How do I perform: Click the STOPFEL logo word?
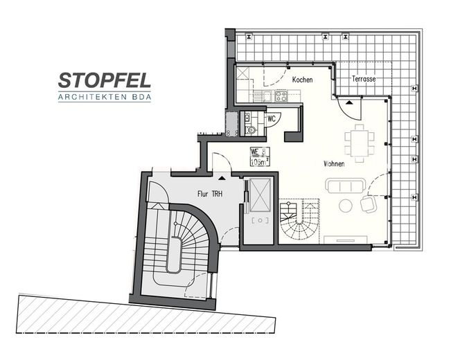[x=105, y=80]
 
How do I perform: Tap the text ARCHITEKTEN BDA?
[x=105, y=97]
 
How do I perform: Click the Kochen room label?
[x=302, y=80]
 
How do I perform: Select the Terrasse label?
[x=364, y=78]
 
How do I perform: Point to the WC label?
[x=272, y=118]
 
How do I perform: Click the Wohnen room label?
[x=334, y=164]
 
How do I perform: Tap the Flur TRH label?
[x=210, y=194]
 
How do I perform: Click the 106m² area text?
[x=260, y=161]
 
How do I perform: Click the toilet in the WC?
[x=251, y=129]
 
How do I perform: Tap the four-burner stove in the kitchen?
[x=281, y=96]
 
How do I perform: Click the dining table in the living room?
[x=360, y=143]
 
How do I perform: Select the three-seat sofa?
[x=346, y=186]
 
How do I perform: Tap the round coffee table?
[x=346, y=206]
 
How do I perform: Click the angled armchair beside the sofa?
[x=369, y=204]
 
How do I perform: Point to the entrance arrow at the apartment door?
[x=222, y=178]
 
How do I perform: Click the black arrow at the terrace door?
[x=349, y=102]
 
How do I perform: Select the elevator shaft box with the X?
[x=260, y=195]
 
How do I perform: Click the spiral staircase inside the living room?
[x=300, y=221]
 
